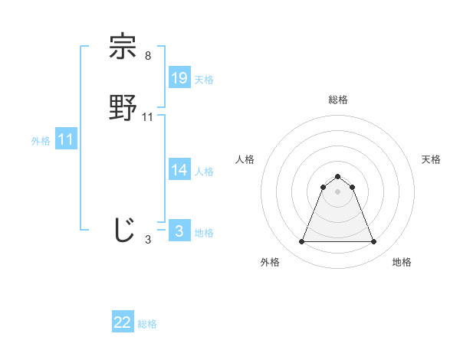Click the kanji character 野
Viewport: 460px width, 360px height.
(123, 107)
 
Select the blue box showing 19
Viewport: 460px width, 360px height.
(179, 78)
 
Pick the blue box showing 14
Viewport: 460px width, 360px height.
(179, 170)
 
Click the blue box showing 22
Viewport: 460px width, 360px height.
(123, 322)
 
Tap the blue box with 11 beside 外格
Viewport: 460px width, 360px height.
(66, 139)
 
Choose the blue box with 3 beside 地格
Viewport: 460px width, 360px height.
(179, 231)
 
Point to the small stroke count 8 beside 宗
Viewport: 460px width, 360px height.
(147, 56)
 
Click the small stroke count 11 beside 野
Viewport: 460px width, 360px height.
(148, 116)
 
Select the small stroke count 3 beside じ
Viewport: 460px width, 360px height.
(148, 240)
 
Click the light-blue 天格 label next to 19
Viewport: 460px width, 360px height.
(204, 80)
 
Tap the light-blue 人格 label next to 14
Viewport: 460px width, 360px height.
(204, 172)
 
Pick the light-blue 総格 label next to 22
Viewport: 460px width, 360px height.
(147, 324)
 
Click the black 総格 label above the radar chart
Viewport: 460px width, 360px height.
(337, 100)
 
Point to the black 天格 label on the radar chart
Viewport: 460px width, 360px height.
(432, 159)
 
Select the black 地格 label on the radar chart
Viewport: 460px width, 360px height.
(402, 262)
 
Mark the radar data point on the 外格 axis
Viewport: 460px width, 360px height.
(301, 242)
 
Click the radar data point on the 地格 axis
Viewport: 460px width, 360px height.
(373, 242)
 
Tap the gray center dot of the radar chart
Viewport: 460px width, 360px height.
(337, 191)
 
